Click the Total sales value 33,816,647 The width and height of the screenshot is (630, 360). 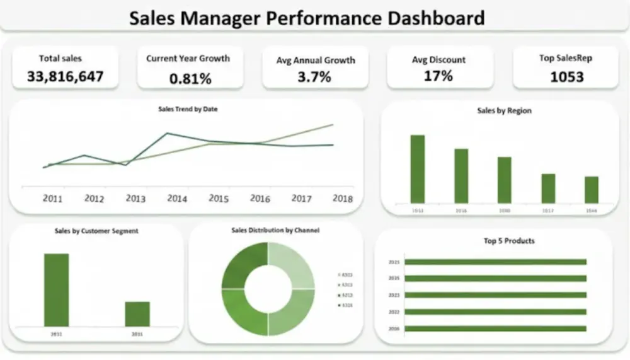[65, 77]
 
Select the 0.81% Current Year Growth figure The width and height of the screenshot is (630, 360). [190, 79]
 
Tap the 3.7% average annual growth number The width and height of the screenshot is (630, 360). [314, 78]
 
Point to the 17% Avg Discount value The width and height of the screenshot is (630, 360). [438, 76]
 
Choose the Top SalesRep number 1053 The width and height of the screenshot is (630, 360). [566, 77]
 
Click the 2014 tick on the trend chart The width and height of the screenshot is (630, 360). [177, 199]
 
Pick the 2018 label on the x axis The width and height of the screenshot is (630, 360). [343, 199]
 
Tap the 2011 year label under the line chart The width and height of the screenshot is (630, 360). [52, 199]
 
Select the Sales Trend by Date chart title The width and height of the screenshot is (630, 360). [188, 109]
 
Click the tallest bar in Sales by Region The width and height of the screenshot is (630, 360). [418, 169]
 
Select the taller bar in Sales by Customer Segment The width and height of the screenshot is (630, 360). [56, 289]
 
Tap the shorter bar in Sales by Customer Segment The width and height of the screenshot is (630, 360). [137, 313]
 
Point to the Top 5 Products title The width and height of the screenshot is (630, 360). [509, 241]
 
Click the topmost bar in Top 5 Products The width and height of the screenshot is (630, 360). [495, 262]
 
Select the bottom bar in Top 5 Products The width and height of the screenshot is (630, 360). [495, 328]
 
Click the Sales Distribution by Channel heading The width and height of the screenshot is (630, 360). [275, 231]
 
